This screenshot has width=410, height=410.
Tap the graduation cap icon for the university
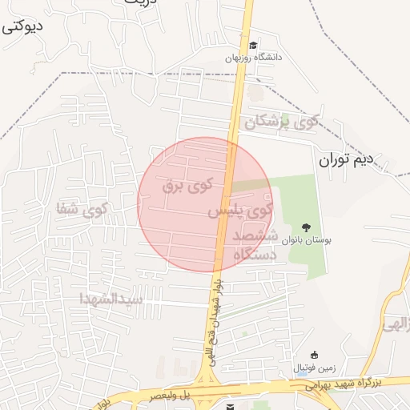point(254,45)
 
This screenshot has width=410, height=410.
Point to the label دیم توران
point(347,159)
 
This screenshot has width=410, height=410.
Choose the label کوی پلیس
point(241,211)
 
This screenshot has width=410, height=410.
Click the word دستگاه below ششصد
point(255,255)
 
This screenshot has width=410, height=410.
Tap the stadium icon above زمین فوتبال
point(314,356)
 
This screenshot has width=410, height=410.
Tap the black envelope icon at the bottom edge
point(231,407)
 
